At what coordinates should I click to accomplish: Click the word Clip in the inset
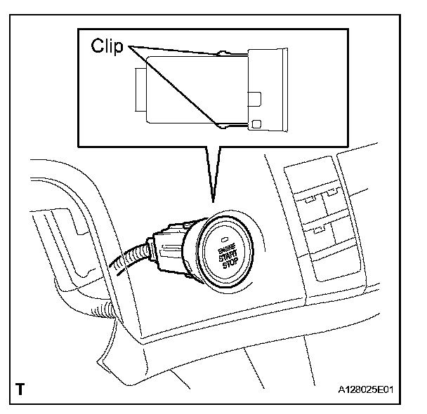point(107,47)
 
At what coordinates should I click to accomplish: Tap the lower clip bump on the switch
point(223,126)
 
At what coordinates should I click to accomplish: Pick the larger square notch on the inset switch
point(254,98)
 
